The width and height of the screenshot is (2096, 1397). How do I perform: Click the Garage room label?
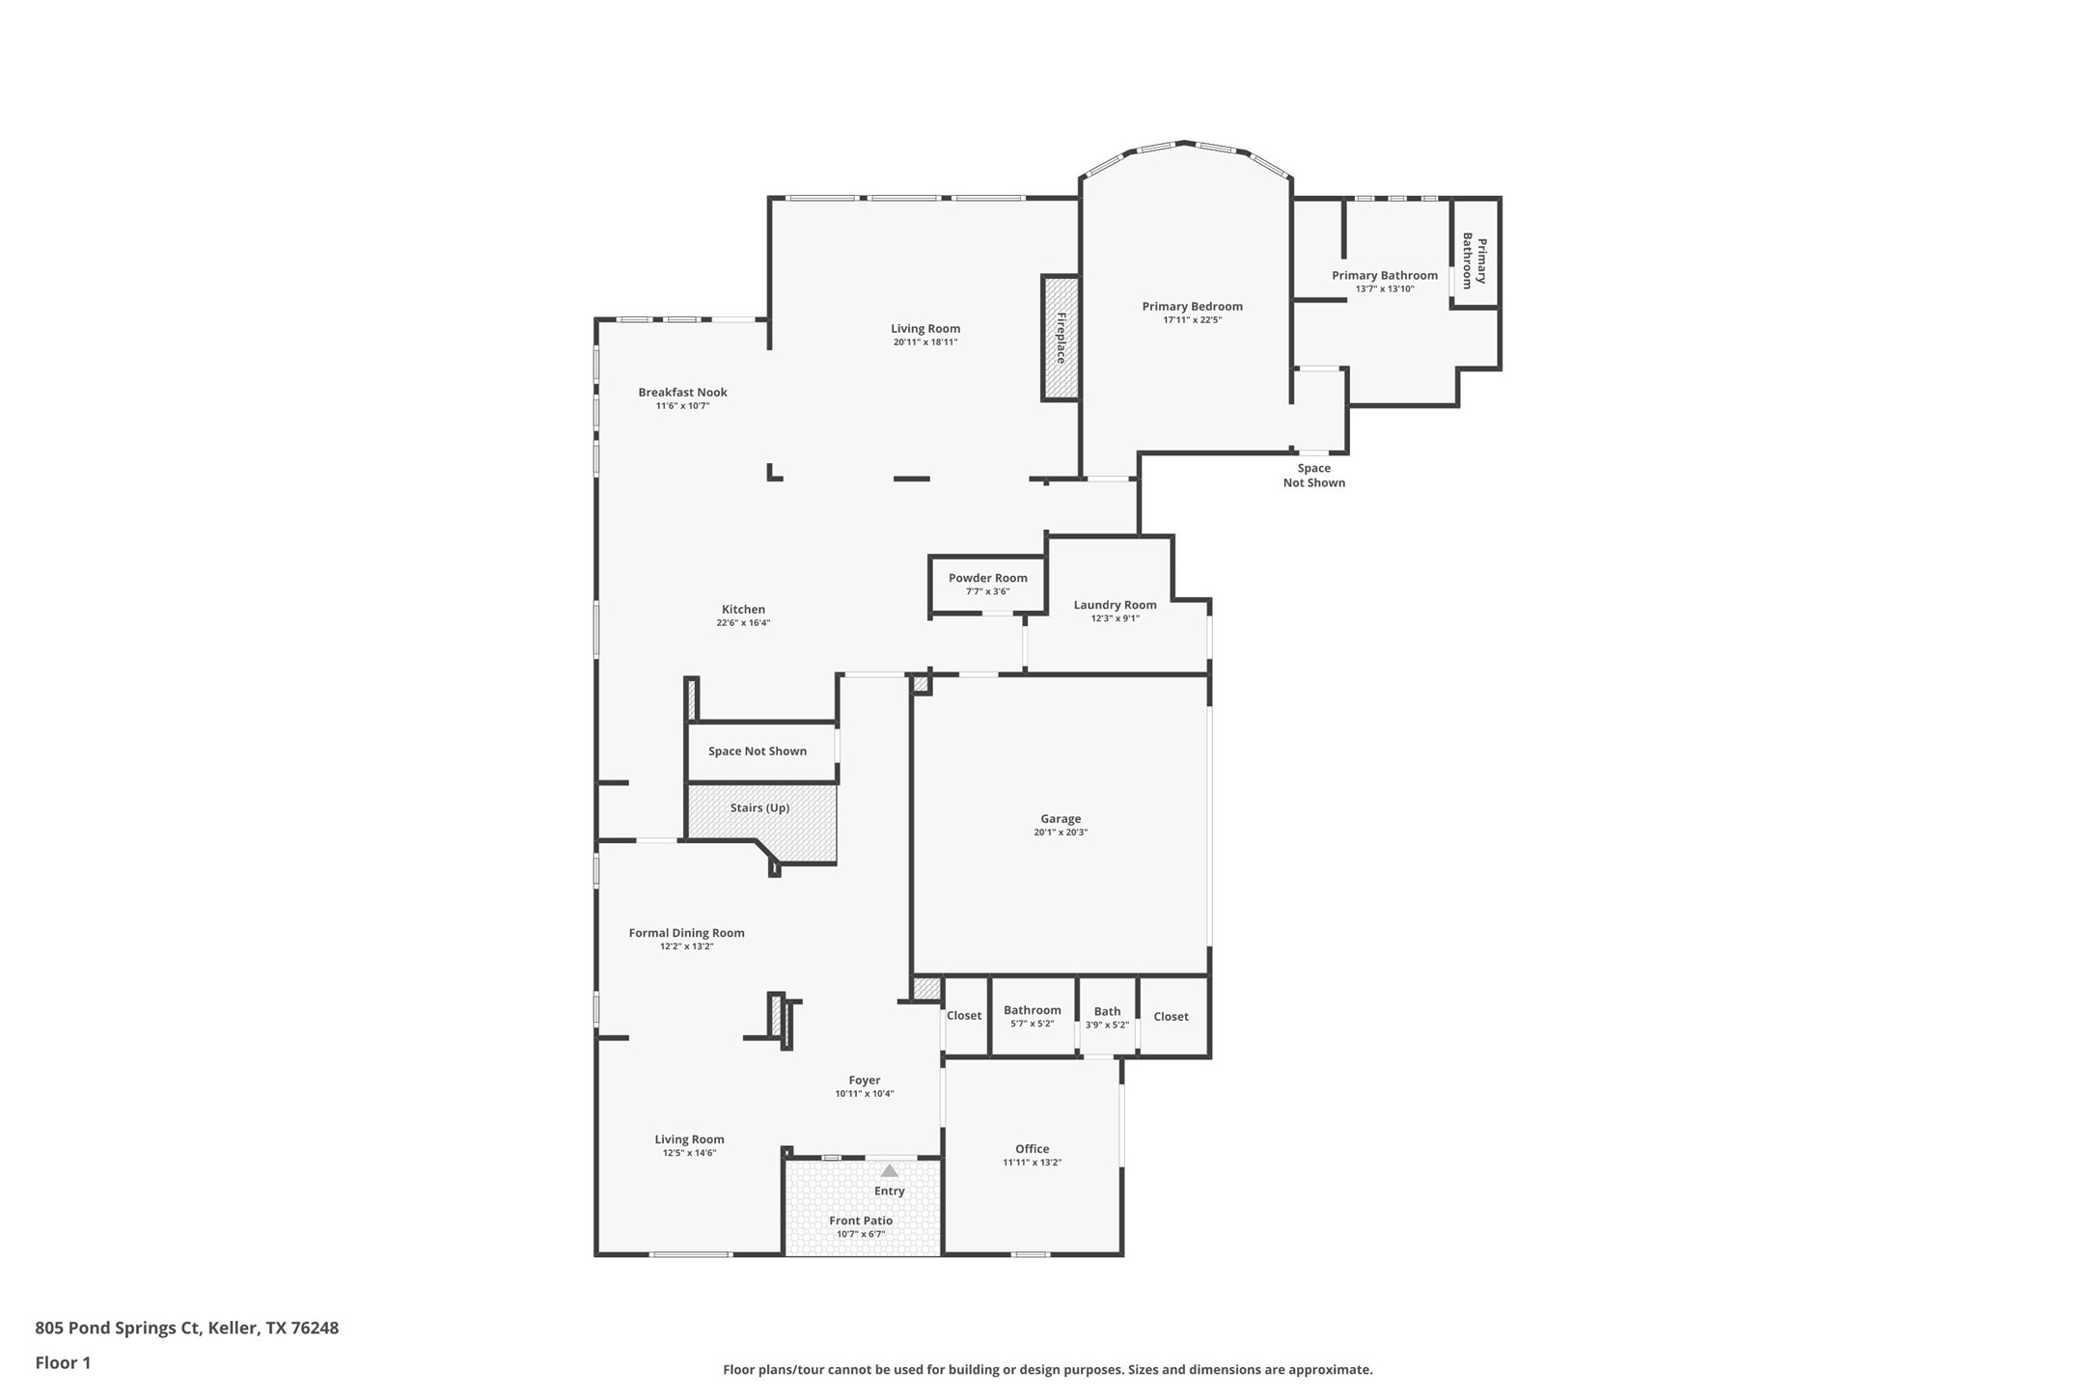(x=1060, y=818)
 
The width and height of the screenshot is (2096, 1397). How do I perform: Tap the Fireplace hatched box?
(x=1060, y=338)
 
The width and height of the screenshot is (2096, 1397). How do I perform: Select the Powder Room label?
(x=987, y=578)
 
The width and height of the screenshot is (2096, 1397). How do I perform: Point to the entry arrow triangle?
(x=889, y=1170)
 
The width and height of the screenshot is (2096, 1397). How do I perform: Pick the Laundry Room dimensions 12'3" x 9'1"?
(x=1115, y=618)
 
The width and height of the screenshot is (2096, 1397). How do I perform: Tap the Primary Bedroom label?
(x=1192, y=307)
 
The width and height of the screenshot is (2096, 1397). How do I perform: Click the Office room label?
(x=1032, y=1148)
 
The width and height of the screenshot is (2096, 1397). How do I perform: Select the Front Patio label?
(x=860, y=1220)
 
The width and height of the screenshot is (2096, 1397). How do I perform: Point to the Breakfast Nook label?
(x=682, y=392)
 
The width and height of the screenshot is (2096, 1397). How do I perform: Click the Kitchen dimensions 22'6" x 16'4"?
(x=742, y=623)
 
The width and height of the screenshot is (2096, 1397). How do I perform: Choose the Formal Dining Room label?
(x=686, y=933)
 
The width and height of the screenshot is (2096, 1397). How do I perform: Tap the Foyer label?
(x=864, y=1081)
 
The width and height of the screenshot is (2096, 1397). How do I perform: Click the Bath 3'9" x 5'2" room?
(x=1107, y=1017)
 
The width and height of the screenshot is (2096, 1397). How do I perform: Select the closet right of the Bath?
(x=1171, y=1016)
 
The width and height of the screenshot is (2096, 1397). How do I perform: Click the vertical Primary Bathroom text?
(x=1474, y=260)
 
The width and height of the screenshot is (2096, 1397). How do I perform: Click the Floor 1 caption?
(x=63, y=1363)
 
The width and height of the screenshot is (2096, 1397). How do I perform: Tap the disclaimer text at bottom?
(x=1047, y=1369)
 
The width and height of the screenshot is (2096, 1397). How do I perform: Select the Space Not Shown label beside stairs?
(x=757, y=751)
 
